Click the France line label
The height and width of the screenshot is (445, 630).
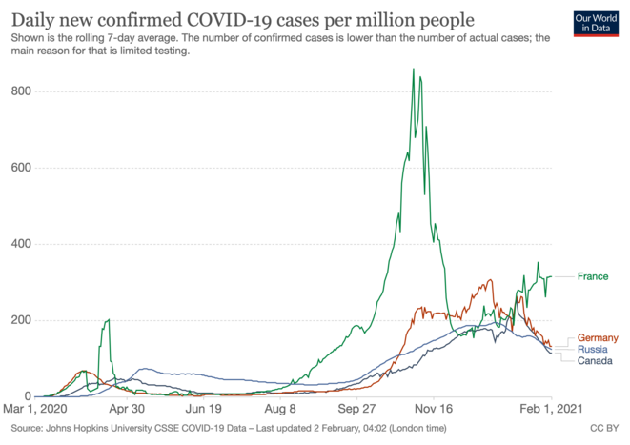[x=592, y=276]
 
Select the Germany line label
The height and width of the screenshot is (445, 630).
[x=599, y=338]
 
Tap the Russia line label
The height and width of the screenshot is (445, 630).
[x=593, y=350]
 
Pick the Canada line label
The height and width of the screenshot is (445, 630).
[x=595, y=361]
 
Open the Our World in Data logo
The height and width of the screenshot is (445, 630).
[x=598, y=23]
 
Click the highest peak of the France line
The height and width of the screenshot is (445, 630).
[x=413, y=69]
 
